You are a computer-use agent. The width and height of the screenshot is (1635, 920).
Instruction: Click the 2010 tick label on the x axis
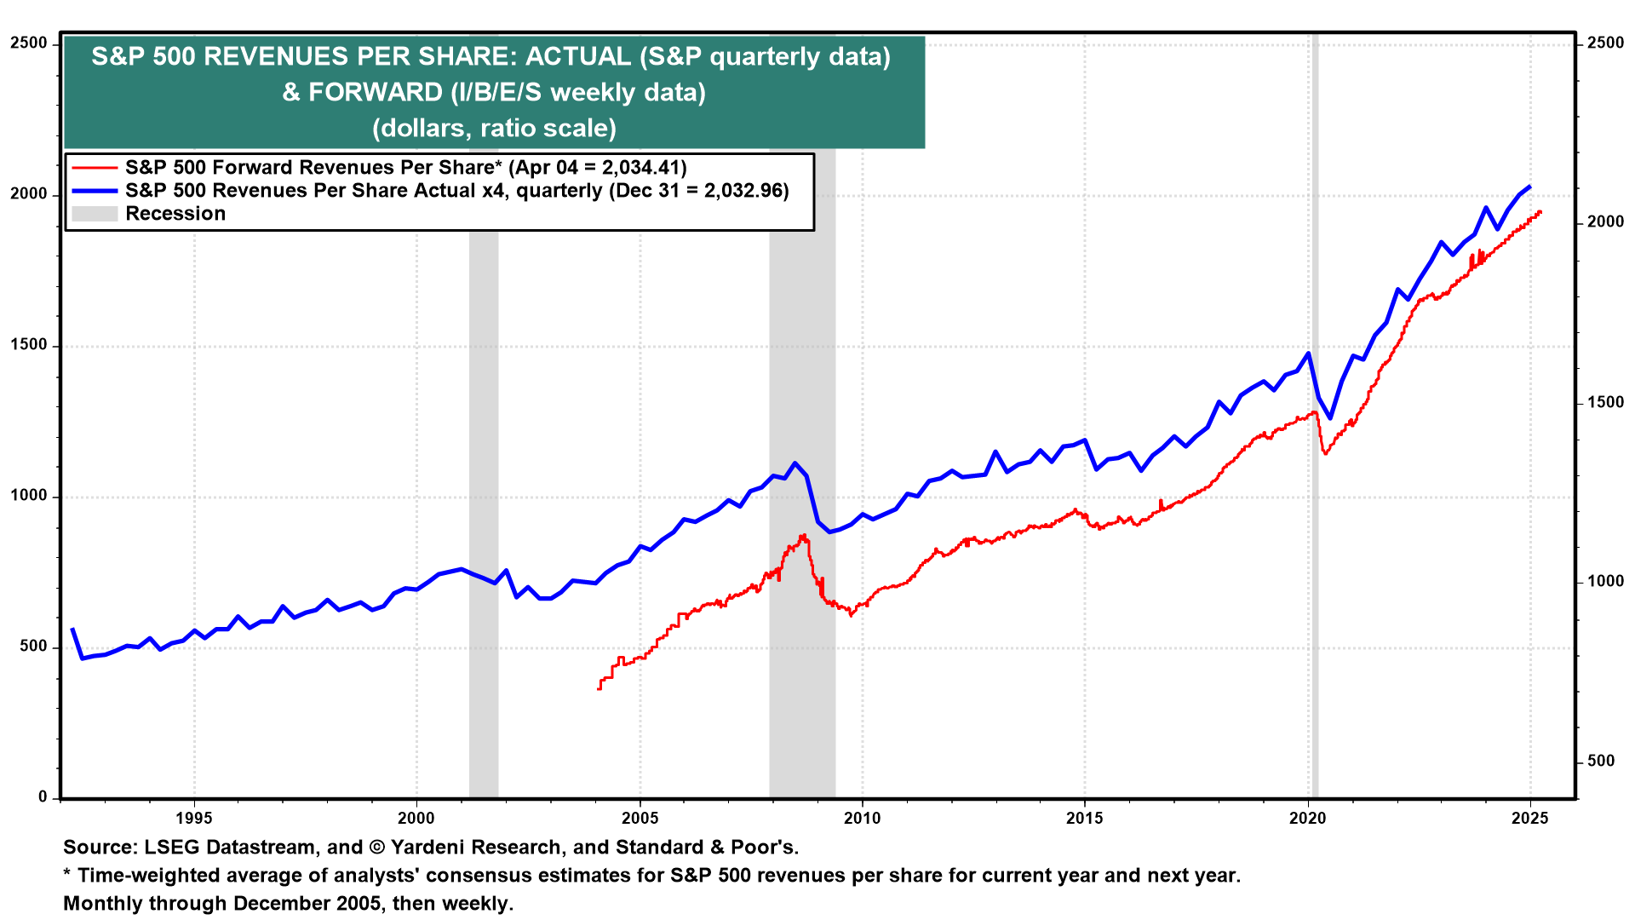pos(862,819)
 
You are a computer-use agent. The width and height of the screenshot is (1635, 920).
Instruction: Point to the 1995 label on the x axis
pos(193,819)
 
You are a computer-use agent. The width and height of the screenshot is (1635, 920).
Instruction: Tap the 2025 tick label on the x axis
pos(1530,819)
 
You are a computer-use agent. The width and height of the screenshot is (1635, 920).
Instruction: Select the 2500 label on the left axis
pos(29,43)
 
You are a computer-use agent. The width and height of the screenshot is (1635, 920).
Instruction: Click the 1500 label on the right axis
pos(1606,402)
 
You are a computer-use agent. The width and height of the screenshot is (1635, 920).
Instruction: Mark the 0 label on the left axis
pos(43,797)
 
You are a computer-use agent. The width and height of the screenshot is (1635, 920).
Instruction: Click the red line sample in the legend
pos(94,168)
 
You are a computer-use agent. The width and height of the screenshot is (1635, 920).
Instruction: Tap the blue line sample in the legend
pos(94,191)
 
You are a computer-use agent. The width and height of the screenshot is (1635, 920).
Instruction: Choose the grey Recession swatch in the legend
pos(94,214)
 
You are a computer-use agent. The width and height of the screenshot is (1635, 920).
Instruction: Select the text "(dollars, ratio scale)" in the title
pos(494,128)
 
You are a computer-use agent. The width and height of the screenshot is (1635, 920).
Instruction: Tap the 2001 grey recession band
pos(484,511)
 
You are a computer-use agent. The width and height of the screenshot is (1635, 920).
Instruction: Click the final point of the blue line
pos(1530,187)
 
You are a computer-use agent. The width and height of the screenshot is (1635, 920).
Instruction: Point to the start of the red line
pos(599,688)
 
